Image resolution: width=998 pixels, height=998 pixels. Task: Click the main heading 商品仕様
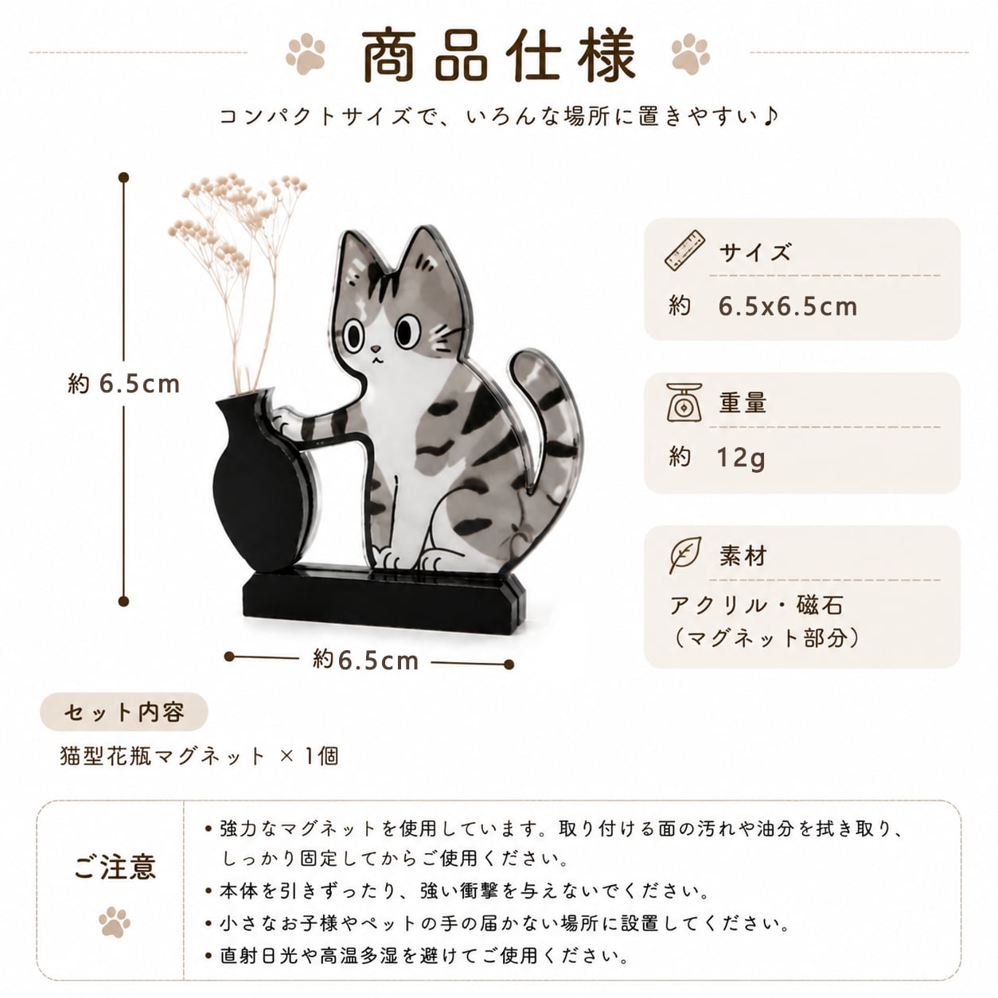coord(498,55)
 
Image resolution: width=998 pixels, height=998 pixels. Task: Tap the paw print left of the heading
coord(306,53)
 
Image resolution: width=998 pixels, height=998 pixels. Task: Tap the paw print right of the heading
coord(690,53)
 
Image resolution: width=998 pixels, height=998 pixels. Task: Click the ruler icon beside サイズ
coord(684,250)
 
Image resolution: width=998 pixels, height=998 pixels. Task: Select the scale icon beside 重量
coord(684,402)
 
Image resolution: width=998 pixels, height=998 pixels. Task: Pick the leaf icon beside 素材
coord(684,555)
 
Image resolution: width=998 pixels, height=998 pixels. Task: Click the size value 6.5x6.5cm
coord(787,306)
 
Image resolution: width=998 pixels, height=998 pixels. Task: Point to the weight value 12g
coord(741,458)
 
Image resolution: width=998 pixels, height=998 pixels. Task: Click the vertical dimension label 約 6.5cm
coord(124,384)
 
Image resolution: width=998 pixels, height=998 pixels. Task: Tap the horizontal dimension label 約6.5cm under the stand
coord(365,661)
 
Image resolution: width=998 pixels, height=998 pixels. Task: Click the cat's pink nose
coord(376,349)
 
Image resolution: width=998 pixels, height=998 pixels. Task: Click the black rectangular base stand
coord(384,601)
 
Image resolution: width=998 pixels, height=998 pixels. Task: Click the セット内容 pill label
coord(124,711)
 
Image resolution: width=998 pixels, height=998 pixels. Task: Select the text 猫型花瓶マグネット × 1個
coord(199,756)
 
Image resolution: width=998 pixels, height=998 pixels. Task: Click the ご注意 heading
coord(115,867)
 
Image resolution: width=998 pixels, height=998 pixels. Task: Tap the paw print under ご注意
coord(115,922)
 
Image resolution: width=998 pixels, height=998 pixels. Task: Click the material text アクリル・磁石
coord(757,605)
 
